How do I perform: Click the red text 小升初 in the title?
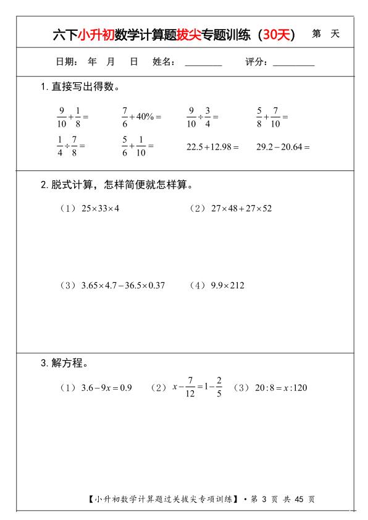(x=94, y=35)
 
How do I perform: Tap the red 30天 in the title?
(x=276, y=35)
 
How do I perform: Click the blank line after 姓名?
(x=203, y=63)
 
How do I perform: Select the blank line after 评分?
(x=293, y=63)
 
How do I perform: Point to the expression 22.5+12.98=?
(x=212, y=146)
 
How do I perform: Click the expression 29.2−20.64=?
(x=282, y=146)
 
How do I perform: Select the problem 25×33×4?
(x=99, y=208)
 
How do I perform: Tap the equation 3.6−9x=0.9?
(x=106, y=388)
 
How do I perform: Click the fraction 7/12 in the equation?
(x=190, y=388)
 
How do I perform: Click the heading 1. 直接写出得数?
(x=80, y=86)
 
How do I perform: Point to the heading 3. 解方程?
(x=64, y=363)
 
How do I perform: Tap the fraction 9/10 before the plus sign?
(x=61, y=116)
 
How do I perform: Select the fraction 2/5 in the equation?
(x=219, y=388)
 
